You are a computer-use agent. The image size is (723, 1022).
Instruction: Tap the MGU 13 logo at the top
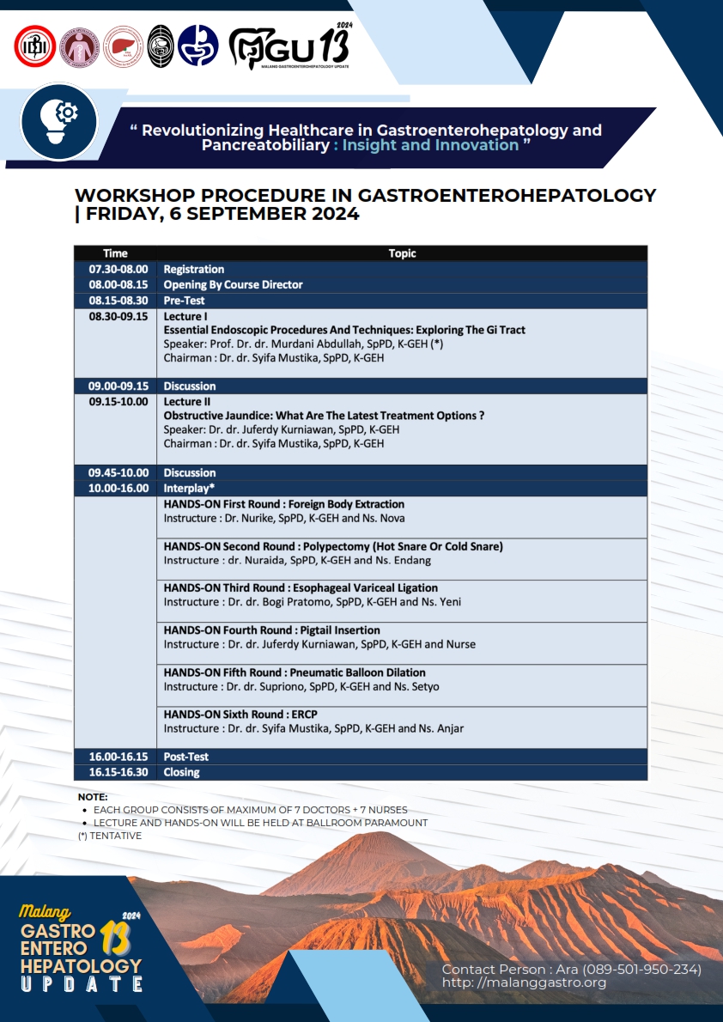[289, 48]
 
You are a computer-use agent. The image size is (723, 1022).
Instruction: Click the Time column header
[115, 253]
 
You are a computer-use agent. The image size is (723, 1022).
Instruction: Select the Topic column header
[402, 253]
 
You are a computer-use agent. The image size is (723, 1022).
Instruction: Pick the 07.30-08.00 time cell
[118, 269]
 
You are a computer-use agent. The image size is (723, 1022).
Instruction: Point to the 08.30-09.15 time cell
[118, 316]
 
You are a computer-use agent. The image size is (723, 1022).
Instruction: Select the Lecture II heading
[185, 401]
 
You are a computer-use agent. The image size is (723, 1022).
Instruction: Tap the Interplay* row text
[189, 488]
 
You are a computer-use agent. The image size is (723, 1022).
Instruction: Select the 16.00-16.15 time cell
[118, 757]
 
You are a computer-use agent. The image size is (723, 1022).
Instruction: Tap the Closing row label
[181, 772]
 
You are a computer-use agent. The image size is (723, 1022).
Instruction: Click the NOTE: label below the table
[93, 797]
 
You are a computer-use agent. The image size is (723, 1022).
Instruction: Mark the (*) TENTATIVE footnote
[109, 836]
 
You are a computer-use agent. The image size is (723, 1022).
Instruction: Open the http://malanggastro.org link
[524, 982]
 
